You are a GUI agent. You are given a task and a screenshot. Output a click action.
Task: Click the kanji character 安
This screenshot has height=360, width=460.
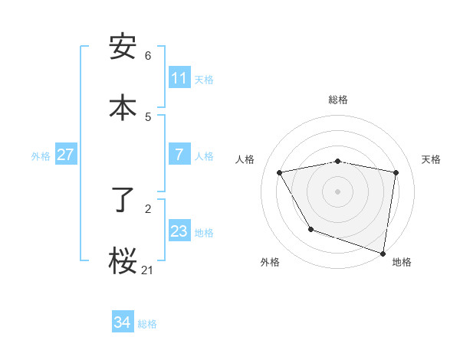tap(123, 47)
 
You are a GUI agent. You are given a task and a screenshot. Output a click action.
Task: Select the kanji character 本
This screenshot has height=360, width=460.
tap(123, 106)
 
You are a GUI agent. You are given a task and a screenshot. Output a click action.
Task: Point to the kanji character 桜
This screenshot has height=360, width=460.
tap(123, 260)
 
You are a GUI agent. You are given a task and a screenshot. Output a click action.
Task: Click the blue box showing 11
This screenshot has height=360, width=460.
tap(179, 78)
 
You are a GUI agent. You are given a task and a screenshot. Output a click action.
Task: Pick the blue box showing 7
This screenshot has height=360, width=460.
tap(179, 155)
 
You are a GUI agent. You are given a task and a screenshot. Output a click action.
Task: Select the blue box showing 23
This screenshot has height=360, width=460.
tap(179, 231)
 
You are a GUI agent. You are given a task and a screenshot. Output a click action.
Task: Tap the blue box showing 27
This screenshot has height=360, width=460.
tap(65, 155)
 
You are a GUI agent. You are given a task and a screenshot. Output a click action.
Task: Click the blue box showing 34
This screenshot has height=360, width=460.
tap(122, 322)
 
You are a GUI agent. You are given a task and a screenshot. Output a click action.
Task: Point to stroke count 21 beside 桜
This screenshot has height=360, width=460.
tap(147, 270)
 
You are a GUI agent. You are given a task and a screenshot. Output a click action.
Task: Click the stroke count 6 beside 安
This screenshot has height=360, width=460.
tap(148, 56)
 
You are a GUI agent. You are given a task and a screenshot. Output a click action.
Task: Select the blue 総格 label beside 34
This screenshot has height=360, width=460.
tap(147, 324)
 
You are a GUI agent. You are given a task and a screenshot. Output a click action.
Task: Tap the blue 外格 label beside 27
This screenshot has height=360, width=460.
tap(41, 156)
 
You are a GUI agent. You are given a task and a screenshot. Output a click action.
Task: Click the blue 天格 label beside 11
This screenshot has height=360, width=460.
tap(204, 80)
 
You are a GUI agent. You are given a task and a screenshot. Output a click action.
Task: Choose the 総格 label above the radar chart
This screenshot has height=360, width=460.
tap(337, 100)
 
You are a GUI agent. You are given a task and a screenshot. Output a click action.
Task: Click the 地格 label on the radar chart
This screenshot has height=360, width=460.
tap(402, 262)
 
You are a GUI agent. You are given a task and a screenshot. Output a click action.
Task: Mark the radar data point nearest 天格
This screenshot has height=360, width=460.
tap(396, 172)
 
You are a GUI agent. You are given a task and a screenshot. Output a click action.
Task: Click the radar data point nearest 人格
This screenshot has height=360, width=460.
tap(280, 173)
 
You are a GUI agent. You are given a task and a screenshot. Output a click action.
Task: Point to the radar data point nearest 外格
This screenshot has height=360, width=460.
tap(310, 229)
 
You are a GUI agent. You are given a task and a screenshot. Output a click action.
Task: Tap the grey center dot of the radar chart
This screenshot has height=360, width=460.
tap(337, 191)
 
